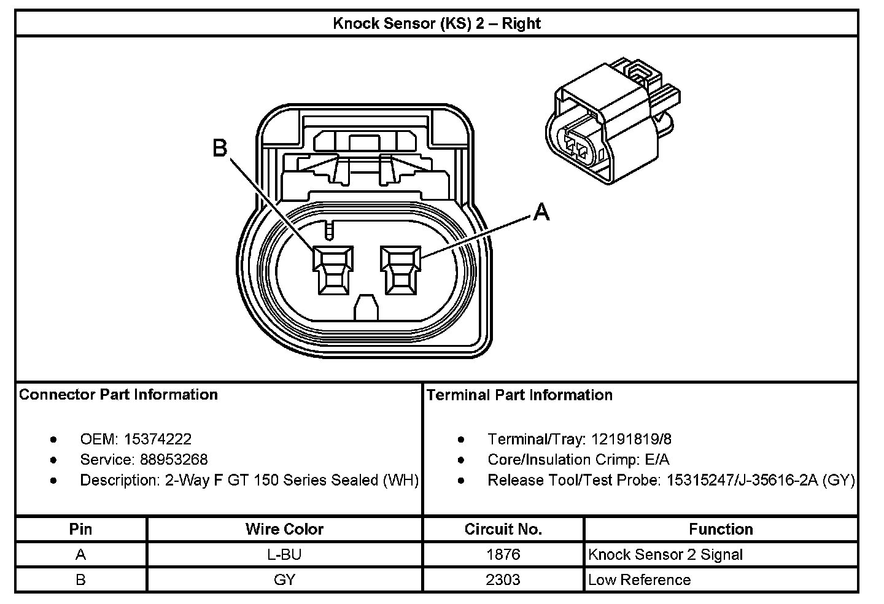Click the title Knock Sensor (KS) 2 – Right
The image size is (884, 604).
[x=436, y=24]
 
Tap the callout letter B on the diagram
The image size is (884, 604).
[x=220, y=148]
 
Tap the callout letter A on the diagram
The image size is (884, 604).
[x=541, y=212]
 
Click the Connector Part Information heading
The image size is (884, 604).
[x=118, y=394]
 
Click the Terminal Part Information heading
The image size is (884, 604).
[x=519, y=395]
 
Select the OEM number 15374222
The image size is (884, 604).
[x=158, y=439]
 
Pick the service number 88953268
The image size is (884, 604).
[x=174, y=459]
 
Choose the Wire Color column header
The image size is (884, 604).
[x=284, y=529]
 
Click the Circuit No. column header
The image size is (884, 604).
[x=503, y=529]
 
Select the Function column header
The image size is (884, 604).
[x=721, y=529]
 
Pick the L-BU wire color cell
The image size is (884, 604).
[x=284, y=555]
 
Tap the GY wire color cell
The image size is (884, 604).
[x=284, y=580]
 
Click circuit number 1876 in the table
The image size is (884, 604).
[x=503, y=555]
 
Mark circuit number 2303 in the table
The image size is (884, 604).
[x=503, y=580]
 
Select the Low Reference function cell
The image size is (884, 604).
[x=639, y=580]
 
